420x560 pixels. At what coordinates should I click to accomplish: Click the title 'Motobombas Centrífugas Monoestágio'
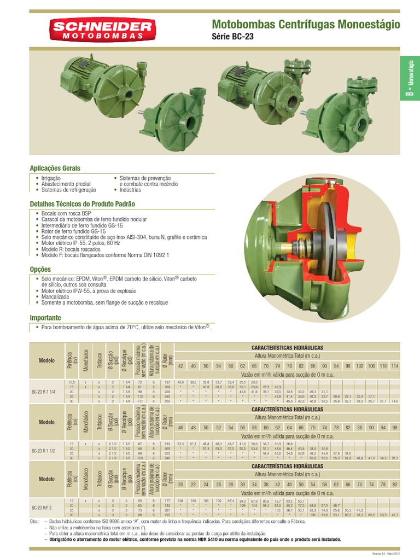[305, 25]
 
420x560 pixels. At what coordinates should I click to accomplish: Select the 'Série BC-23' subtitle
[232, 37]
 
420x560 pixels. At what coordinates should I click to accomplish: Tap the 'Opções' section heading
[40, 269]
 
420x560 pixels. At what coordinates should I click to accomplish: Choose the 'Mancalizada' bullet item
[57, 296]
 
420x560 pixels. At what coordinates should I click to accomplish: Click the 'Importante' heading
[45, 318]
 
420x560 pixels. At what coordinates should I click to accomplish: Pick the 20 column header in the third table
[180, 485]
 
